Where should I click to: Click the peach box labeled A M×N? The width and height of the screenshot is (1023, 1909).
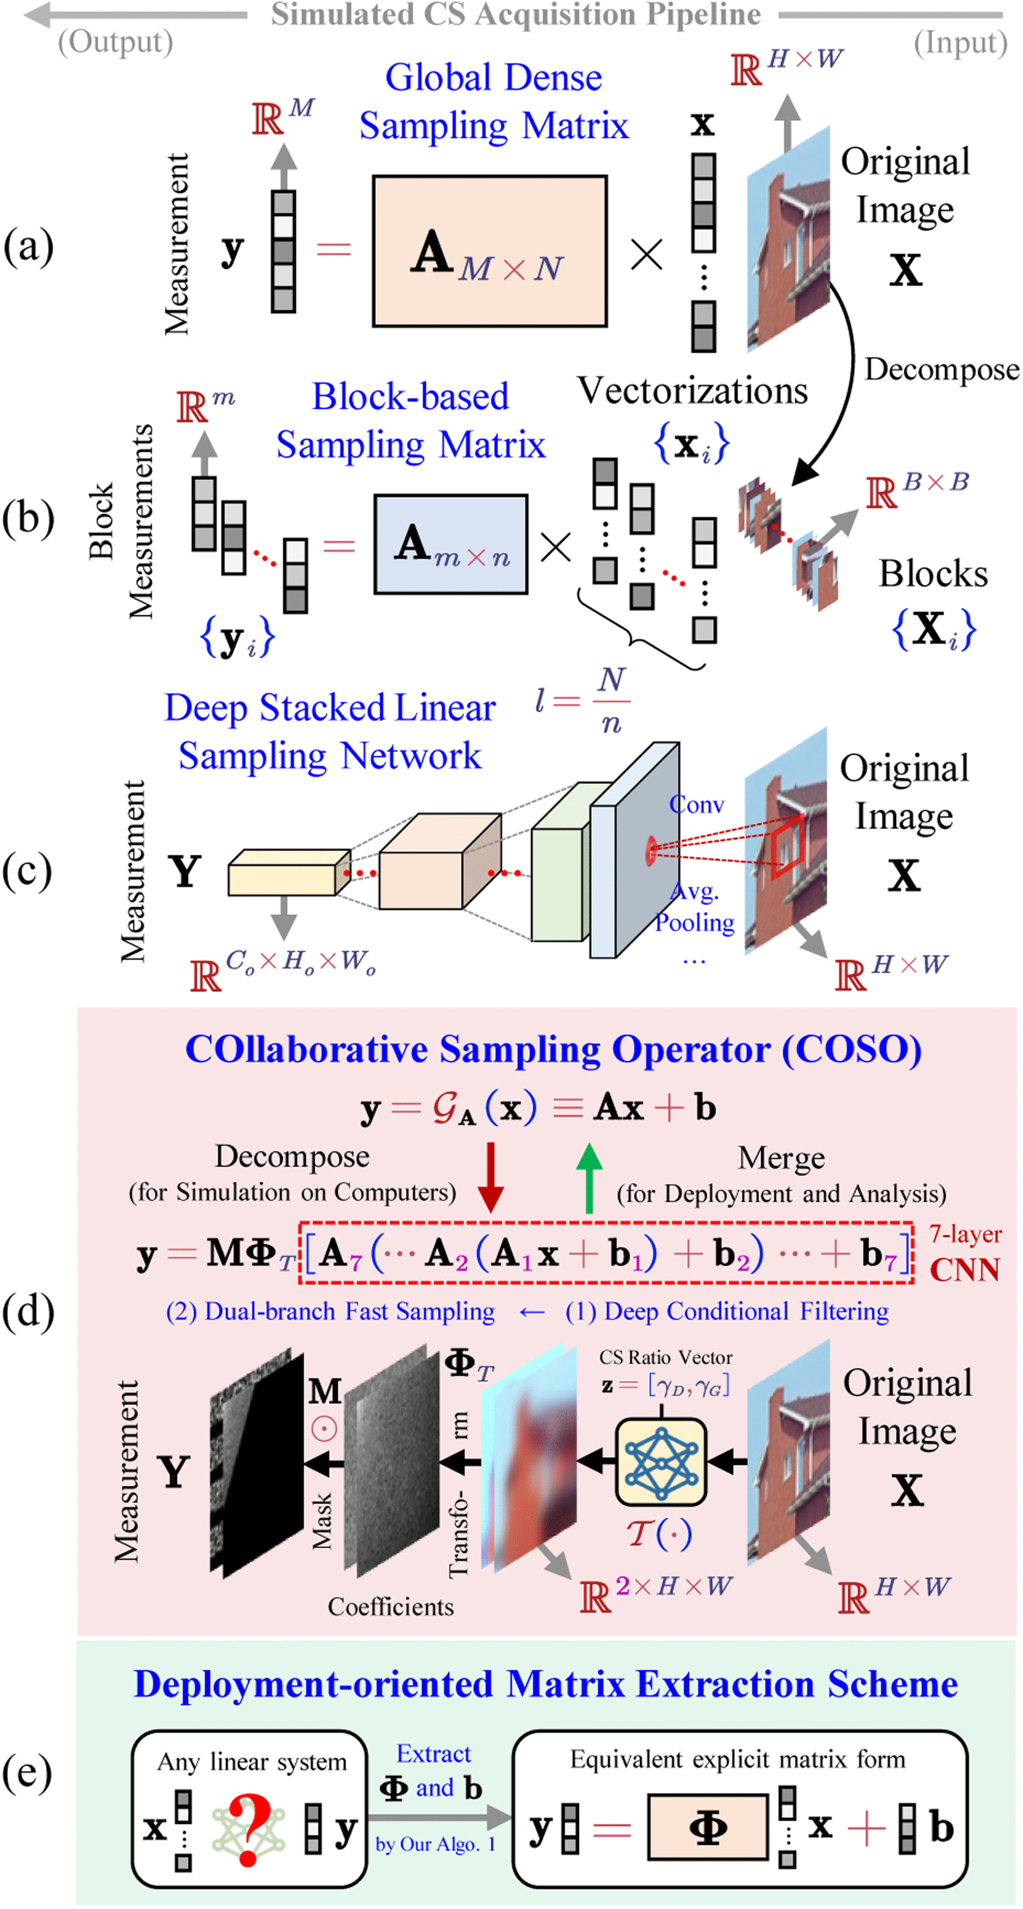click(x=489, y=251)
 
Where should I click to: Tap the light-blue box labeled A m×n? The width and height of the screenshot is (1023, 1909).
click(x=450, y=545)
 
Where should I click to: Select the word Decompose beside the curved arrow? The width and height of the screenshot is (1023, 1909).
click(x=941, y=369)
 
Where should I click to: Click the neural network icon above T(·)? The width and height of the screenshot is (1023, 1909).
click(x=661, y=1462)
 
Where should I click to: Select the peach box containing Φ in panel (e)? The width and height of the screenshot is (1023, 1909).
click(x=707, y=1828)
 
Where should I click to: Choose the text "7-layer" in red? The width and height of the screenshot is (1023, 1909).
click(x=965, y=1234)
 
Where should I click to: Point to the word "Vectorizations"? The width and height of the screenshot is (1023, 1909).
click(x=692, y=390)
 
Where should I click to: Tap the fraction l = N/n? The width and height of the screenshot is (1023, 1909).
click(x=584, y=700)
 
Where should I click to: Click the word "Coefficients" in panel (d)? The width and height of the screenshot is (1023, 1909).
click(x=390, y=1607)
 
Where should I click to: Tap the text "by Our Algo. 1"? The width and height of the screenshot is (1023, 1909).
click(x=435, y=1844)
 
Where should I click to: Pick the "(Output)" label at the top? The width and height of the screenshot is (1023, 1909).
click(x=116, y=42)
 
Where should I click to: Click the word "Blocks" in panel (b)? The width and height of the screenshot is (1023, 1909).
click(x=933, y=574)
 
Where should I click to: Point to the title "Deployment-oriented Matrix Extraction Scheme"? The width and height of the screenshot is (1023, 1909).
click(x=545, y=1683)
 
